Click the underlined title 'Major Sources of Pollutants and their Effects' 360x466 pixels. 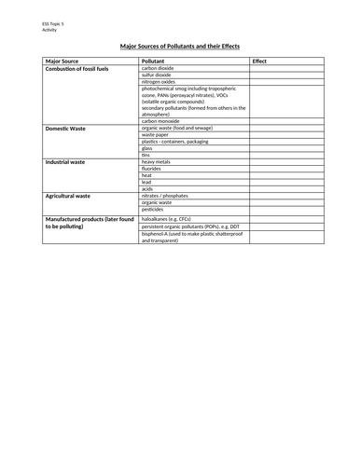pyautogui.click(x=180, y=45)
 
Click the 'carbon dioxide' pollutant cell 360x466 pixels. pyautogui.click(x=159, y=69)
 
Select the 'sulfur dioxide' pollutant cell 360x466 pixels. pyautogui.click(x=158, y=75)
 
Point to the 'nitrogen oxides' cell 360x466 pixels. pyautogui.click(x=159, y=82)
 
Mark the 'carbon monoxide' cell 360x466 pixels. pyautogui.click(x=160, y=121)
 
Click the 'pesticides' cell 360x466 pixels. pyautogui.click(x=154, y=210)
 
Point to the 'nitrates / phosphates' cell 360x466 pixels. pyautogui.click(x=165, y=197)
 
